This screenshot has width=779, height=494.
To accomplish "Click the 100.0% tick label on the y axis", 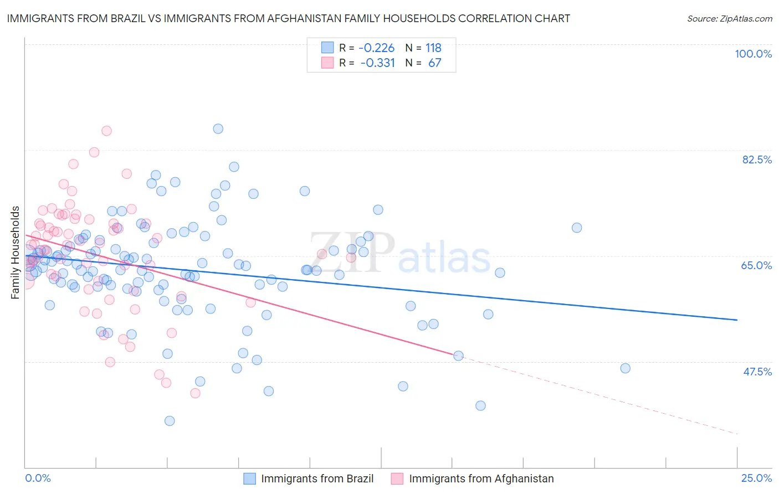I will coord(753,54).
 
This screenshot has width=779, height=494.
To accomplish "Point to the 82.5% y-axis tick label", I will coord(757,159).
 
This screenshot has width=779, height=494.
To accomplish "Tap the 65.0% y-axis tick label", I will coord(756,265).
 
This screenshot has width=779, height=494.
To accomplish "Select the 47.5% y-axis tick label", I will coord(757,372).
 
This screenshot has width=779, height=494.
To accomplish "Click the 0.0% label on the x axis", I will coord(38,478).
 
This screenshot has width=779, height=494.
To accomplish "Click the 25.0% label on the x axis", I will coord(756,478).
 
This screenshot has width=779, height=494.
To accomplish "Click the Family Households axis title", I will coord(16,253).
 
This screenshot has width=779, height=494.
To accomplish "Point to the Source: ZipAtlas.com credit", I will coord(729,18).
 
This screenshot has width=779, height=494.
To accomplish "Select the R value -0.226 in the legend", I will coord(376,48).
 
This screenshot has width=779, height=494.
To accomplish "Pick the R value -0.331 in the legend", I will coord(377,63).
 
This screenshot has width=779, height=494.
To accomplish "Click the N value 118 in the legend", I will coord(433,48).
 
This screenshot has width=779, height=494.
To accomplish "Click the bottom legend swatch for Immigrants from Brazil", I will coord(250,478).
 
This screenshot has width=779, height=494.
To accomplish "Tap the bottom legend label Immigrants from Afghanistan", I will coord(481,478).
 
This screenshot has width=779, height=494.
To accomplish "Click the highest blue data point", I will coord(218,128).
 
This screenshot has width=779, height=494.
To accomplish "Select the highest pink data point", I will coord(106,131).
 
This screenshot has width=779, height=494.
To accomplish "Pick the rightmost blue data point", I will coord(625,368).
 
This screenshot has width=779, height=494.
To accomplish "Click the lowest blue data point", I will coord(170,421).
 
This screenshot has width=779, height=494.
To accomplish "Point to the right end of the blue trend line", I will coord(737,320).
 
